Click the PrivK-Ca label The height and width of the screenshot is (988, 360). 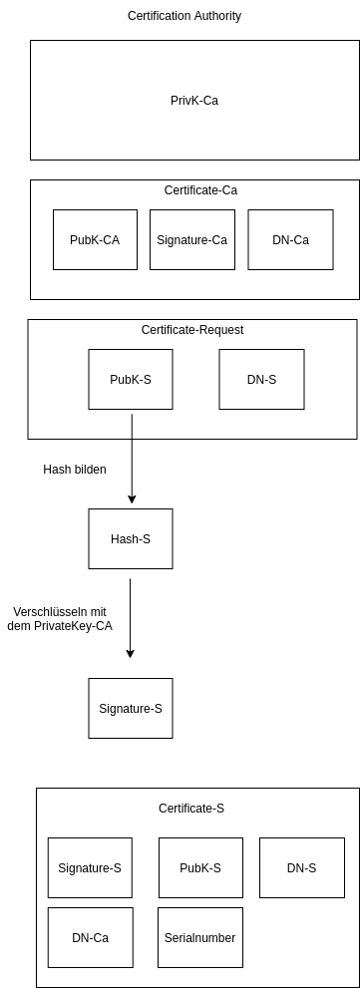[x=194, y=100]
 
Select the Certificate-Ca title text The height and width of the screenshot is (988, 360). [x=200, y=190]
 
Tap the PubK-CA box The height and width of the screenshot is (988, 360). [x=96, y=239]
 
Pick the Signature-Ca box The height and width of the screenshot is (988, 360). [x=192, y=239]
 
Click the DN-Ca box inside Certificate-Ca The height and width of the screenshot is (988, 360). [x=290, y=239]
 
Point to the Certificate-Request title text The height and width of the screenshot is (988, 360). [x=192, y=330]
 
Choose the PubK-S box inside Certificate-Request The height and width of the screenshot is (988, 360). [x=131, y=379]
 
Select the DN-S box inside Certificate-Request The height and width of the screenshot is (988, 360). [x=261, y=379]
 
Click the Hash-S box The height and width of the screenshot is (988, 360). [x=131, y=539]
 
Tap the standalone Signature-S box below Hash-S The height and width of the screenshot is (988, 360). [x=131, y=709]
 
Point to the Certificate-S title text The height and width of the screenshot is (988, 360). [x=191, y=809]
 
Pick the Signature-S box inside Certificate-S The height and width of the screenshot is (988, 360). [x=90, y=867]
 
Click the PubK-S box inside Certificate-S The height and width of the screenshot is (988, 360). [x=200, y=867]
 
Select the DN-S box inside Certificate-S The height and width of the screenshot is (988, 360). [x=301, y=867]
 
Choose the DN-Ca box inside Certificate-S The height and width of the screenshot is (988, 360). [x=90, y=937]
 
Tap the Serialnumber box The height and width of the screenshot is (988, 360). [x=200, y=937]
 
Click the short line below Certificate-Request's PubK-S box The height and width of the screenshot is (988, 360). [x=132, y=425]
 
